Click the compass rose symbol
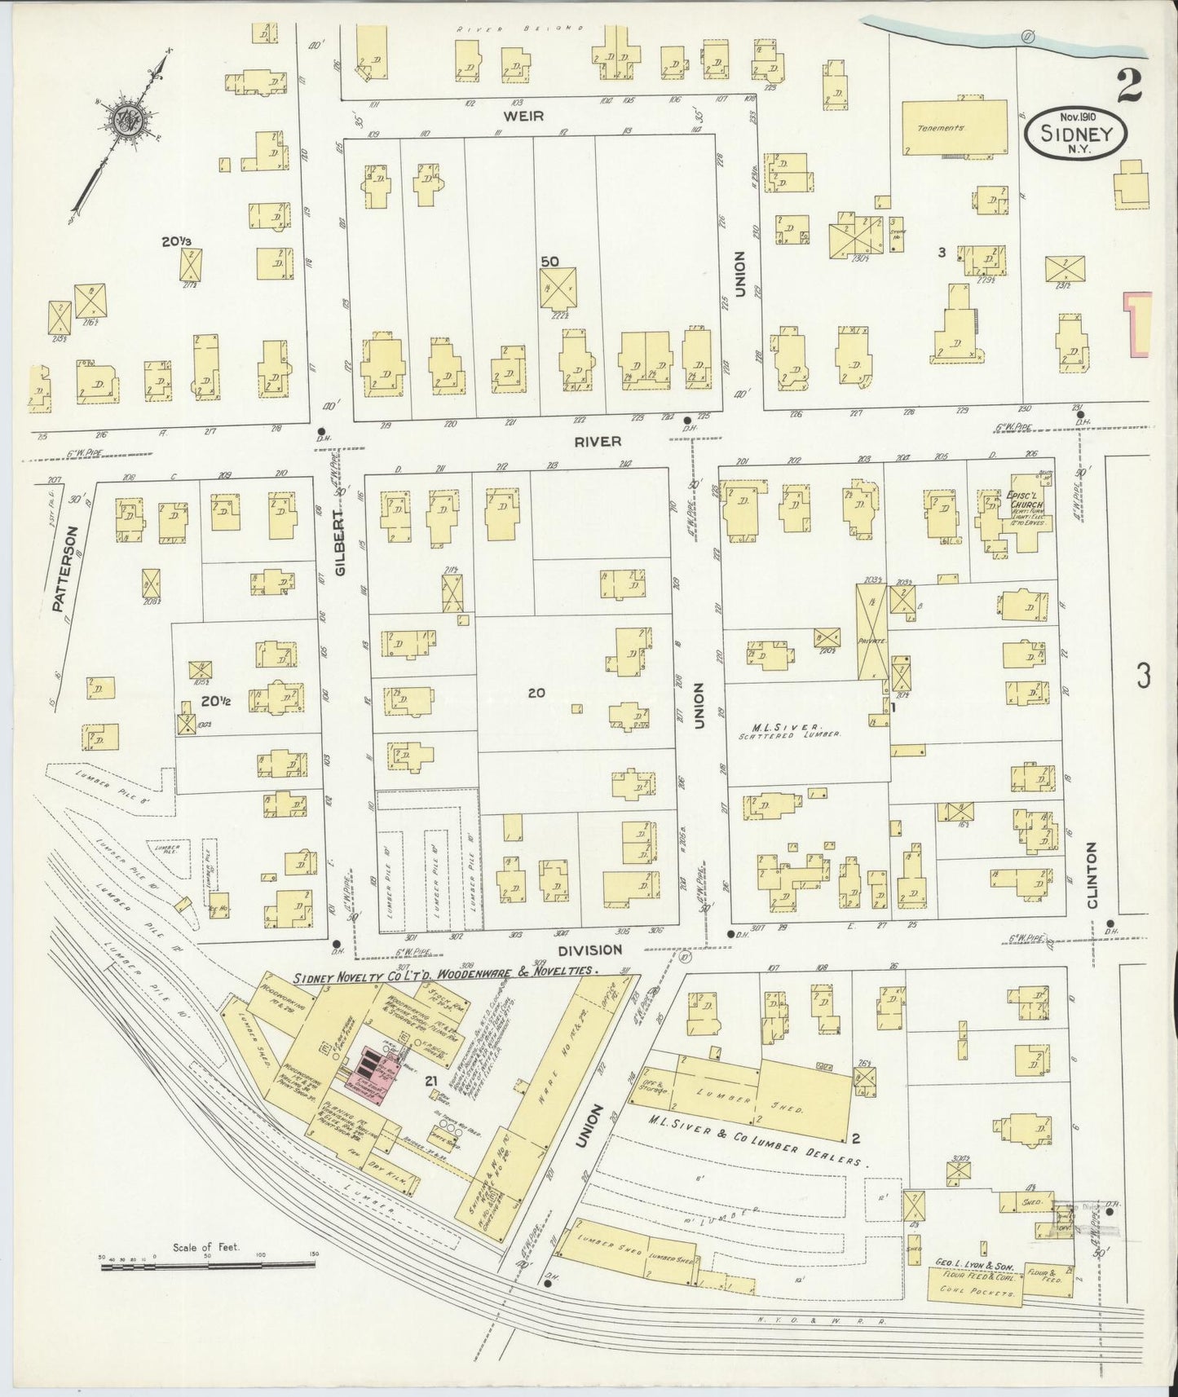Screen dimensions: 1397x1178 129,121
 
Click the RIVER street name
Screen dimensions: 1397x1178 598,441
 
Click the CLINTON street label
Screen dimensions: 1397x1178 1092,875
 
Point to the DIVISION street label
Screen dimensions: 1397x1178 589,950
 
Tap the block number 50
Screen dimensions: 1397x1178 549,261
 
